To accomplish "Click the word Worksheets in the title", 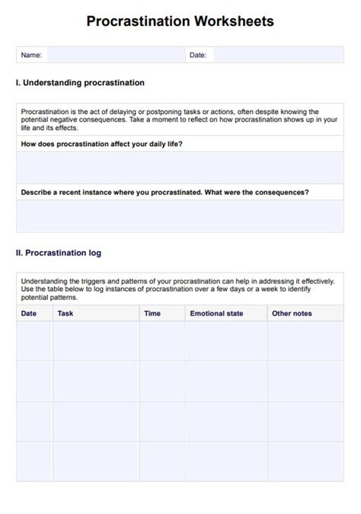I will pos(229,21).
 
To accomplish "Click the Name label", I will pos(31,55).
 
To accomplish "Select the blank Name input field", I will pos(114,55).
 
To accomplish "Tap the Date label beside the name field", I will pos(198,55).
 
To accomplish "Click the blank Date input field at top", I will pos(278,55).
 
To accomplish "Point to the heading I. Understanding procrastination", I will pos(80,83).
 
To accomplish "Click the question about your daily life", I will pos(101,144).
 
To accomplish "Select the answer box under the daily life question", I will pos(180,167).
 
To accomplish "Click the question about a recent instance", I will pos(165,192).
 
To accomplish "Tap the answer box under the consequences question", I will pos(180,216).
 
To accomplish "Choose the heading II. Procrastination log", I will pos(59,253).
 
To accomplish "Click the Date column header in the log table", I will pos(29,313).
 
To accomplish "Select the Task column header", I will pos(65,313).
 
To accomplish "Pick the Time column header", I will pos(152,313).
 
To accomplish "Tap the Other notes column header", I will pos(292,313).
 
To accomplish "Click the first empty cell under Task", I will pos(96,341).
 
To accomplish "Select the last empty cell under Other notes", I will pos(305,462).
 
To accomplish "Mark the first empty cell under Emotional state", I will pos(225,341).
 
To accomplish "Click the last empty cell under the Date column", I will pos(34,462).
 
